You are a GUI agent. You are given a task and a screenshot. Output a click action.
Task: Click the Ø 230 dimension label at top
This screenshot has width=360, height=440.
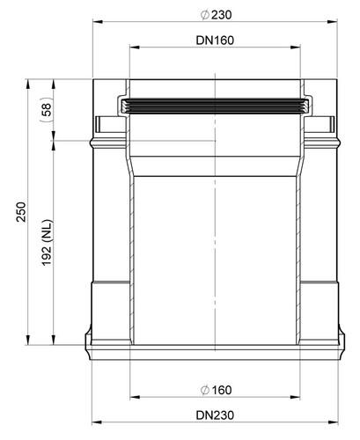click(x=216, y=15)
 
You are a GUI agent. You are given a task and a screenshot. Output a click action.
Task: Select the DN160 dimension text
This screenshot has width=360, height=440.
click(x=215, y=40)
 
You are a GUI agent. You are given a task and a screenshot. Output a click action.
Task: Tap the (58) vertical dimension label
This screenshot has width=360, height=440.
click(x=47, y=109)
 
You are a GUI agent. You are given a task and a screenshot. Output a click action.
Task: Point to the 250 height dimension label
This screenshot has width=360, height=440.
click(x=21, y=212)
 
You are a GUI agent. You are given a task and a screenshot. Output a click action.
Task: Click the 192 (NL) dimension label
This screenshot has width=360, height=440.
click(x=47, y=243)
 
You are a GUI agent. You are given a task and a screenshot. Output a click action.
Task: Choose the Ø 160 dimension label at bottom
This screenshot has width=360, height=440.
click(x=216, y=390)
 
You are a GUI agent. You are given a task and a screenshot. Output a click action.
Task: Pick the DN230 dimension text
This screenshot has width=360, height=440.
click(x=215, y=415)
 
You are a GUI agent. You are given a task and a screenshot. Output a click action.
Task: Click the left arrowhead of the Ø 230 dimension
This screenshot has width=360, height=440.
click(x=98, y=21)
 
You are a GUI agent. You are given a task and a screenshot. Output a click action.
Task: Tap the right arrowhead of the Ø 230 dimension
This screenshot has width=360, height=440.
click(x=333, y=21)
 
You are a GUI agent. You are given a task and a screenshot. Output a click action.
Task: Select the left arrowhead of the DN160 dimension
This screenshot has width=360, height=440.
click(x=135, y=47)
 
